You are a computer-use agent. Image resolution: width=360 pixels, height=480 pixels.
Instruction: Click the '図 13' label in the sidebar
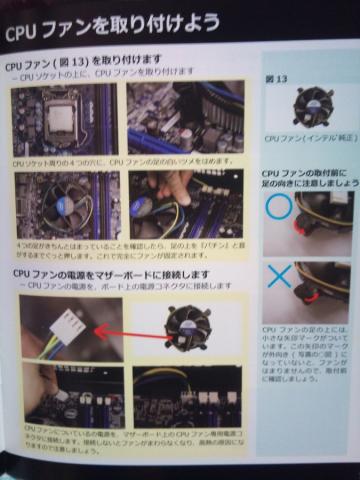click(x=276, y=76)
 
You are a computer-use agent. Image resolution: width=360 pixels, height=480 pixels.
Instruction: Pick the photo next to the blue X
click(x=324, y=291)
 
